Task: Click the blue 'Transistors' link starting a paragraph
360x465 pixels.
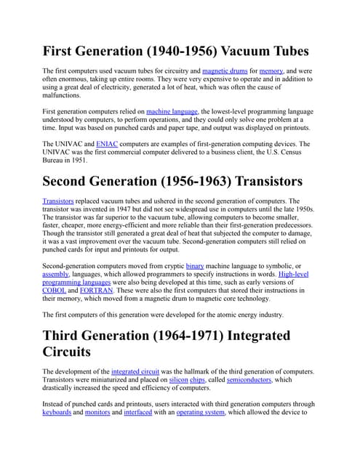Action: tap(58, 201)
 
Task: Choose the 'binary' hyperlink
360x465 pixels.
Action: tap(195, 267)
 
